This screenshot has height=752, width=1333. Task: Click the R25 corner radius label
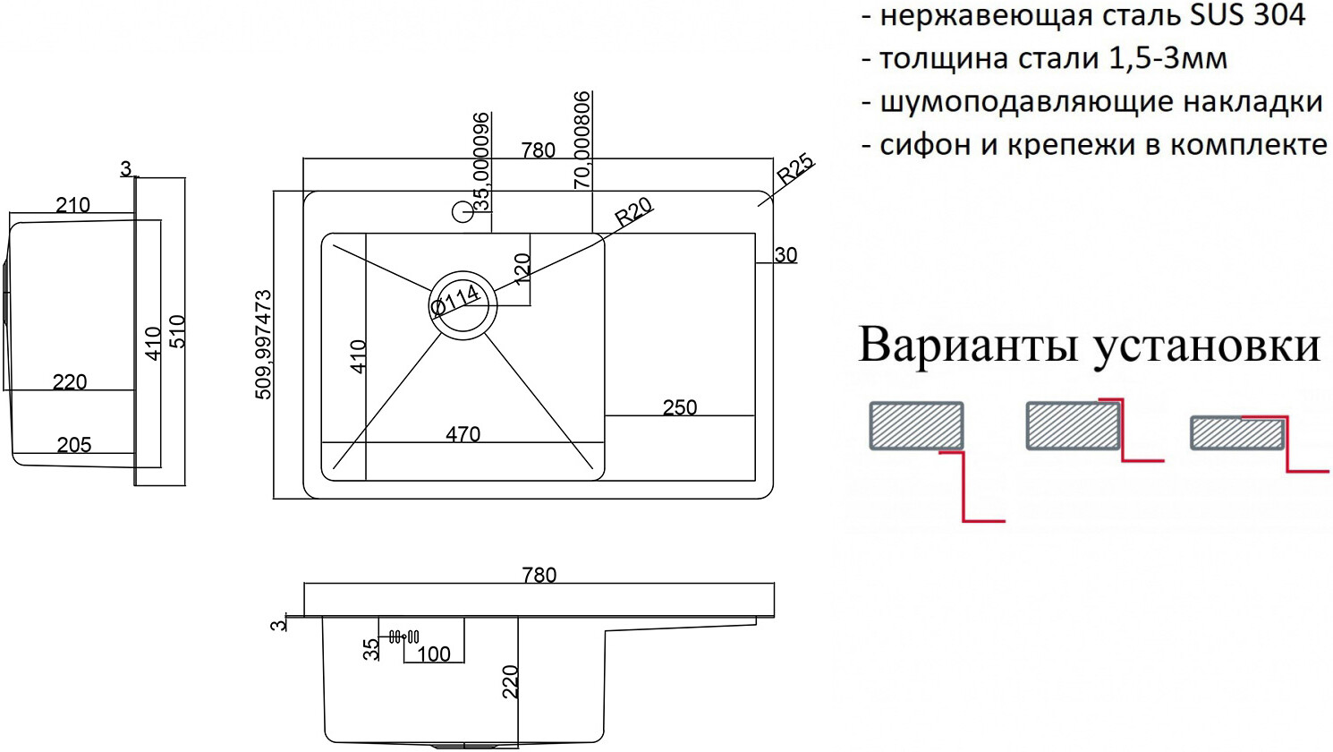click(795, 169)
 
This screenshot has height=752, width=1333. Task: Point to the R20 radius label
click(633, 211)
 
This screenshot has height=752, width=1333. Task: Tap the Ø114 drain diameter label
click(455, 300)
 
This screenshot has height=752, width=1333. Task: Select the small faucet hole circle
click(463, 212)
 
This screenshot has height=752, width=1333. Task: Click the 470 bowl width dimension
click(463, 434)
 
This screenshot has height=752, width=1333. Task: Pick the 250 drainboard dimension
click(680, 407)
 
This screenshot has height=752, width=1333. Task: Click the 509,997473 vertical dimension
click(264, 344)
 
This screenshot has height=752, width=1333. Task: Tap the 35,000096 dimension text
click(482, 161)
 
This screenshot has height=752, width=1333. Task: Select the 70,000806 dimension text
click(582, 140)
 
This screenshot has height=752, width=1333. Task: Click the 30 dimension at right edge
click(785, 255)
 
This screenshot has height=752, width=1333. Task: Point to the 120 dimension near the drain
click(522, 267)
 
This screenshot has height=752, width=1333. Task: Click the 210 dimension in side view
click(72, 205)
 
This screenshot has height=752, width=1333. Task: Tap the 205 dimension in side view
click(73, 445)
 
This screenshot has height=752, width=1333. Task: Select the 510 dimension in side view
click(177, 331)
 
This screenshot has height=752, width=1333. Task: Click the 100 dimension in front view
click(434, 654)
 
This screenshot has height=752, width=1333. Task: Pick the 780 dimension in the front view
click(539, 575)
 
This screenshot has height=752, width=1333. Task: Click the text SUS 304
click(1253, 15)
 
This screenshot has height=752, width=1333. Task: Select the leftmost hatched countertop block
click(916, 425)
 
